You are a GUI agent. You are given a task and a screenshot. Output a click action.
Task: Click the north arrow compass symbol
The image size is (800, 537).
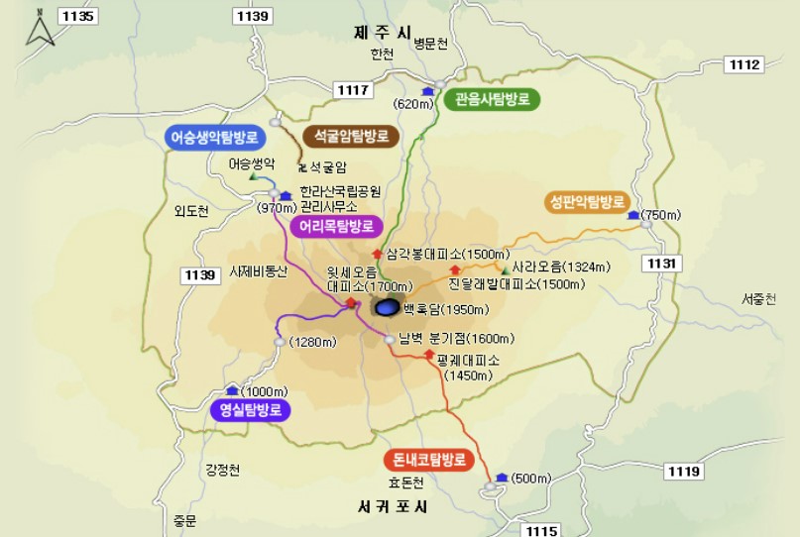(x=39, y=29)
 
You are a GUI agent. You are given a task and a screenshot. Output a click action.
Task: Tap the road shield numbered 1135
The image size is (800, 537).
(x=77, y=16)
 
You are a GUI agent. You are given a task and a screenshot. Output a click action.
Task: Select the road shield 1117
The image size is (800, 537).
(x=354, y=91)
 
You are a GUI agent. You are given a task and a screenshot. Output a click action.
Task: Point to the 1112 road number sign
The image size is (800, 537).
(x=743, y=64)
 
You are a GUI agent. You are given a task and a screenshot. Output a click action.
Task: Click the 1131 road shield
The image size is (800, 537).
(x=662, y=263)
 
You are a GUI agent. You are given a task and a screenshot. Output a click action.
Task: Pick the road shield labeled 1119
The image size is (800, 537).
(x=684, y=471)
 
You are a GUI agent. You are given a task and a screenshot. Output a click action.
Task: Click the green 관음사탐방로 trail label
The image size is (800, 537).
(x=493, y=99)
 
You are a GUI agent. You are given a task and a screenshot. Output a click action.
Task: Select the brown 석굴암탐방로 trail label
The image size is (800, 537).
(x=351, y=136)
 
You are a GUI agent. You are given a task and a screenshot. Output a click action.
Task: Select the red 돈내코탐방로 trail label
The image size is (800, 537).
(x=427, y=461)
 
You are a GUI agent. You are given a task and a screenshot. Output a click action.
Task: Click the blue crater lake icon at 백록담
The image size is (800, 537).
(x=389, y=308)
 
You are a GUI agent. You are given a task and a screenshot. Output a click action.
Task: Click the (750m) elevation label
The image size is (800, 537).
(x=662, y=215)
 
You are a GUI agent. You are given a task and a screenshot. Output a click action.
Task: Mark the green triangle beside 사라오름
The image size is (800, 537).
(x=506, y=269)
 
